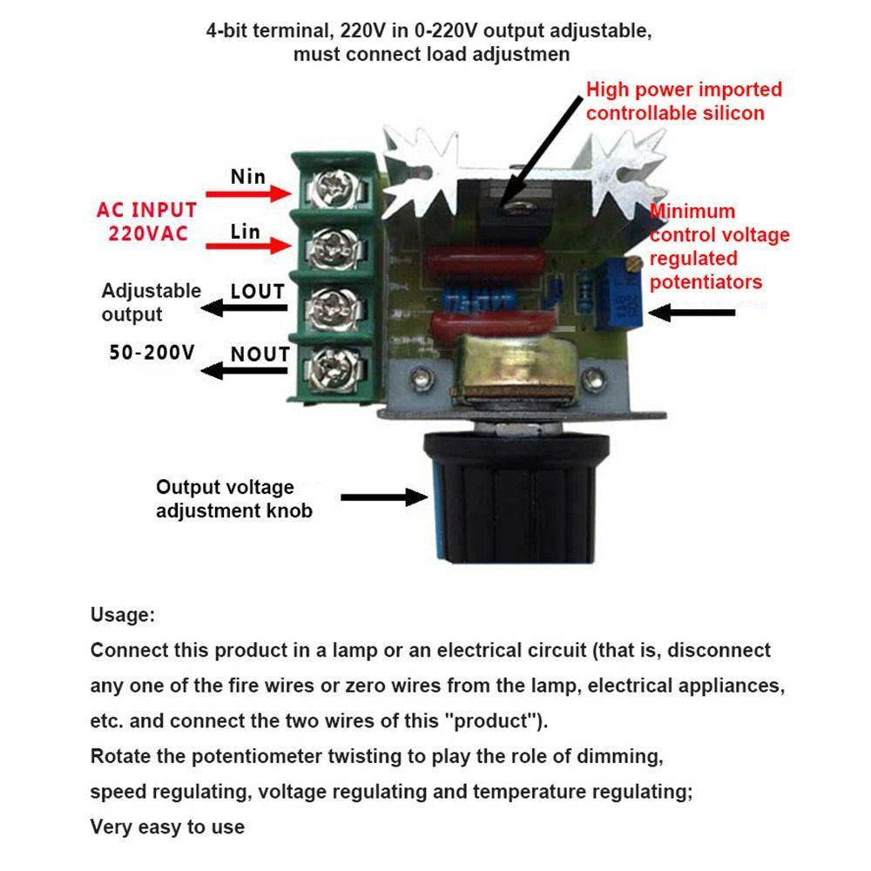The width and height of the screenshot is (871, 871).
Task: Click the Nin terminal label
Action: (247, 177)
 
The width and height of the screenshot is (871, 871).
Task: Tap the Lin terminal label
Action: (245, 232)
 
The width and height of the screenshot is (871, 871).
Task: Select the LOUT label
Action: (257, 292)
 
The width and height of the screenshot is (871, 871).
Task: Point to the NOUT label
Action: (260, 354)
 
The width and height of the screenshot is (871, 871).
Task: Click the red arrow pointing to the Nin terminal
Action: (248, 194)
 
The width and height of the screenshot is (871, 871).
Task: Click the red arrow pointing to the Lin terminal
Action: (248, 246)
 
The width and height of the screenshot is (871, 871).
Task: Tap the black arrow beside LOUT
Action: (245, 307)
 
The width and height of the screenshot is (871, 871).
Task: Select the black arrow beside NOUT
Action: (245, 370)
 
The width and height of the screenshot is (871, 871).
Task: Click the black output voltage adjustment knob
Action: (515, 497)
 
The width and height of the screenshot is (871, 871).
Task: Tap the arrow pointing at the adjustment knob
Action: (384, 497)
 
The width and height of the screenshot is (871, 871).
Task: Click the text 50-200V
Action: (152, 352)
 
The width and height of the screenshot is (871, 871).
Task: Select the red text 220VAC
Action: (148, 233)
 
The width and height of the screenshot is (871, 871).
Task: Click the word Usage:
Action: (123, 615)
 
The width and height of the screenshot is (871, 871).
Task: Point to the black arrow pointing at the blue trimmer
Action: (692, 313)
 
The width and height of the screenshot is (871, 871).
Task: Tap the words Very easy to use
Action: (167, 827)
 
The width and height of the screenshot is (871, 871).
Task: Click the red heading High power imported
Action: (684, 90)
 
